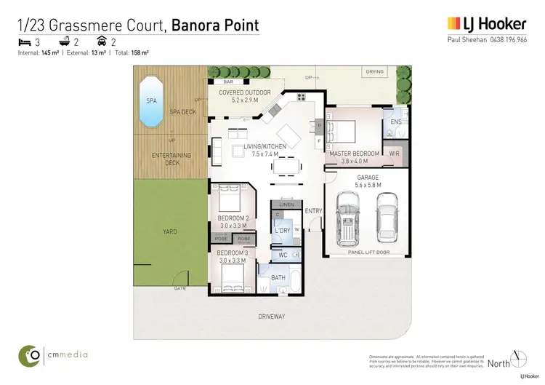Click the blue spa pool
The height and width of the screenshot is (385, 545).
tap(151, 103)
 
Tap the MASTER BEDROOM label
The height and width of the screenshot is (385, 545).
tap(354, 154)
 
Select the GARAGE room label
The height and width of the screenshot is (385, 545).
tap(368, 177)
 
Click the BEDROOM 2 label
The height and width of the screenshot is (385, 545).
tap(233, 218)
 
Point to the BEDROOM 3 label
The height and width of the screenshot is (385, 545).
tap(233, 252)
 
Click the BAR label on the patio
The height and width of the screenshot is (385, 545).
tap(229, 82)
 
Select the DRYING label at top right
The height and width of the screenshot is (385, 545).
tap(374, 72)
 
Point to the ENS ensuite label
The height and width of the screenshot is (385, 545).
tap(395, 122)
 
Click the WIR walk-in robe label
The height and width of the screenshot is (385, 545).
tap(394, 154)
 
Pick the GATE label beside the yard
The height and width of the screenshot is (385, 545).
tap(179, 289)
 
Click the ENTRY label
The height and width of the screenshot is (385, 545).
tap(313, 211)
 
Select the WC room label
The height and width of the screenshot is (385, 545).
tap(283, 255)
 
